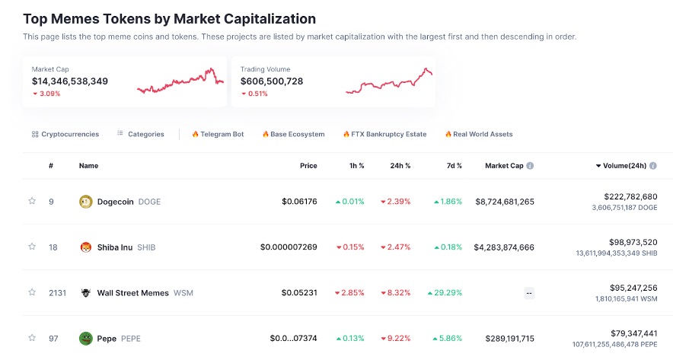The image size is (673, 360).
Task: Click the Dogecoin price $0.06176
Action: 299,202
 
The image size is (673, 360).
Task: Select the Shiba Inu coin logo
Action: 85,247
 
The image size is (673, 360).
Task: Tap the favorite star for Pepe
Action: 32,338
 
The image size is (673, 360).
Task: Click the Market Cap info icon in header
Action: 530,166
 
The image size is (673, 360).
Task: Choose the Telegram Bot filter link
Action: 218,134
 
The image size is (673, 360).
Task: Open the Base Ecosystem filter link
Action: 293,134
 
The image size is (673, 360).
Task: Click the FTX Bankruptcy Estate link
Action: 384,134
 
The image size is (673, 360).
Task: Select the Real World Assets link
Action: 479,134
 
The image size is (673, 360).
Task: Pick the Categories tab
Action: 141,134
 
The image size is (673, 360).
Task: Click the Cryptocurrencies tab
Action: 65,134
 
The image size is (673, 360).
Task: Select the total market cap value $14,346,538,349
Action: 70,81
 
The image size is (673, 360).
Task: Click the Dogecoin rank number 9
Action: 50,202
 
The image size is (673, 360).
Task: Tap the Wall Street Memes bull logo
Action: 85,293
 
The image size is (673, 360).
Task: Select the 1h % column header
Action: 356,166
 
